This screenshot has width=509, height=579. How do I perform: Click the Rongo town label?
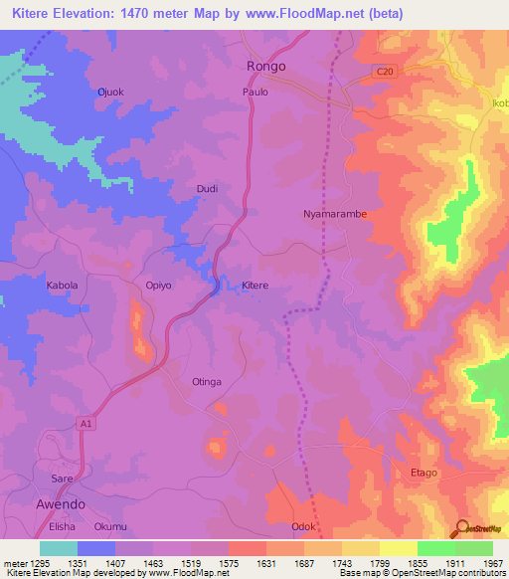265,66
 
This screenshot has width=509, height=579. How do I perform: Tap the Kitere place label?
255,286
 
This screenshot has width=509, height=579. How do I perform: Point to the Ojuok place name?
109,93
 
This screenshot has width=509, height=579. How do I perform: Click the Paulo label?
255,93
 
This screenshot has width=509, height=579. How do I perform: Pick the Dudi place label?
207,188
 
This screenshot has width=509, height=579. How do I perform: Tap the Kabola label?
62,286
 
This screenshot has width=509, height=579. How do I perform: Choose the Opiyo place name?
159,286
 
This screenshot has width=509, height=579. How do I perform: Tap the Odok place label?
303,526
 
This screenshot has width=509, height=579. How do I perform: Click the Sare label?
63,479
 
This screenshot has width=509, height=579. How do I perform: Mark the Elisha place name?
63,526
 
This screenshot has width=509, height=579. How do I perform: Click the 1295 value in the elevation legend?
37,562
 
